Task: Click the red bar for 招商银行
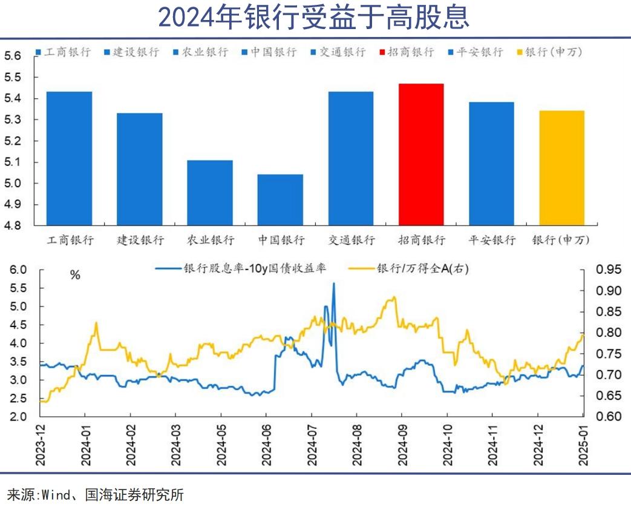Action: pyautogui.click(x=421, y=154)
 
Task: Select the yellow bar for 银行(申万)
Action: pyautogui.click(x=561, y=168)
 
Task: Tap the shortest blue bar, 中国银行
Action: pyautogui.click(x=280, y=200)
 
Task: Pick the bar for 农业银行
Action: pyautogui.click(x=210, y=193)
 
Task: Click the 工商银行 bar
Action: pyautogui.click(x=70, y=159)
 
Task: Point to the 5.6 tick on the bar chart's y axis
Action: pyautogui.click(x=13, y=56)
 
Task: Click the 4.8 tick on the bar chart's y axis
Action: pyautogui.click(x=13, y=225)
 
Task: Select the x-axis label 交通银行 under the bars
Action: pyautogui.click(x=351, y=240)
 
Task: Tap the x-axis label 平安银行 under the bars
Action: pyautogui.click(x=492, y=240)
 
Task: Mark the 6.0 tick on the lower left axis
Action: pyautogui.click(x=17, y=270)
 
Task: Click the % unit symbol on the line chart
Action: pyautogui.click(x=75, y=275)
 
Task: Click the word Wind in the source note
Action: pyautogui.click(x=54, y=494)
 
